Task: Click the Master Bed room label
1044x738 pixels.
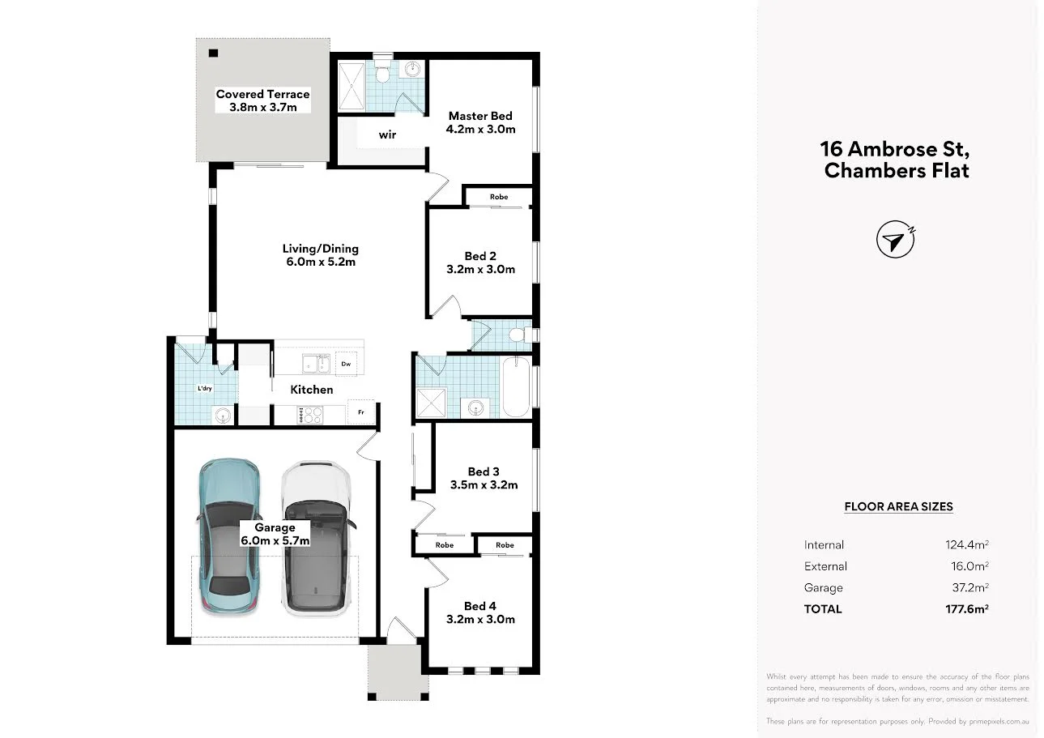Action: (x=480, y=116)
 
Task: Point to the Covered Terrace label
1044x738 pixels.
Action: (x=262, y=94)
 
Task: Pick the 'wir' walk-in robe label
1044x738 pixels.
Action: (x=387, y=134)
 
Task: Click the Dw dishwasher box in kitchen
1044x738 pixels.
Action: (x=347, y=364)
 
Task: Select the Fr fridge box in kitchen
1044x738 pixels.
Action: (x=361, y=412)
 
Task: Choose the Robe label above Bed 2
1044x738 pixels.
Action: (x=499, y=197)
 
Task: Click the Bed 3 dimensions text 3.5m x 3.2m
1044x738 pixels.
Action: (x=484, y=485)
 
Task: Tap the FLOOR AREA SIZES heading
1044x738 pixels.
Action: (x=898, y=507)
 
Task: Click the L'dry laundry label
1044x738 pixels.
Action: (x=205, y=389)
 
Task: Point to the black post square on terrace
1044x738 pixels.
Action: (x=214, y=53)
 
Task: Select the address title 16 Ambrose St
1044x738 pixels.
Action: (x=895, y=150)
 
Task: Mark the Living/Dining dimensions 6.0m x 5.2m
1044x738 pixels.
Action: (x=320, y=262)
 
